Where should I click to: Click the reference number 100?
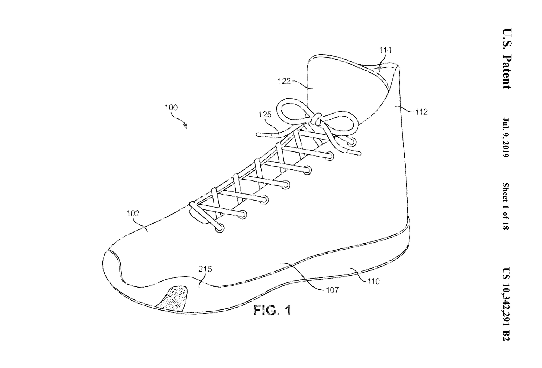coord(171,108)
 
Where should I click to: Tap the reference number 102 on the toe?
coord(133,214)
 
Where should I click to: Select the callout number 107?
coord(332,290)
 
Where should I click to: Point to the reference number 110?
coord(373,281)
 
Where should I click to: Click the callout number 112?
coord(421,112)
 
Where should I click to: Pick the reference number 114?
coord(385,50)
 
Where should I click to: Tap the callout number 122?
coord(284,81)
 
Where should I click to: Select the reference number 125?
coord(265,114)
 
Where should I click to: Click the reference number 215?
coord(205,269)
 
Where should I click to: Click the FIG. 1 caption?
coord(272,310)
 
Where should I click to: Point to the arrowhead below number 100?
coord(185,126)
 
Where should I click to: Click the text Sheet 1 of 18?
coord(506,206)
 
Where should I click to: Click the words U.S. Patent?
coord(506,59)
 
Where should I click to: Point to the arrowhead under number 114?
coord(380,69)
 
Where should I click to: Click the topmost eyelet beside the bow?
coord(353,141)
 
